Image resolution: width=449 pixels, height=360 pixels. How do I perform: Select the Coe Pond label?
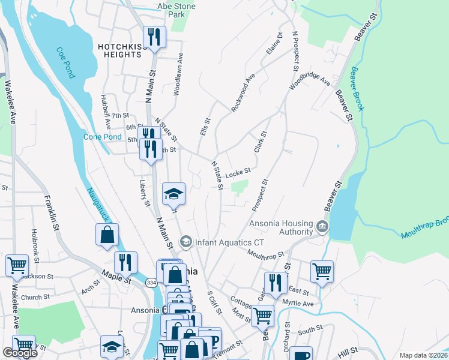pyautogui.click(x=66, y=63)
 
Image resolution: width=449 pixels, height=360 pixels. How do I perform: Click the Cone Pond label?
pyautogui.click(x=102, y=137)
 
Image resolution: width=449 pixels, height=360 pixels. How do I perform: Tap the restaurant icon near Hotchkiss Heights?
pyautogui.click(x=154, y=37)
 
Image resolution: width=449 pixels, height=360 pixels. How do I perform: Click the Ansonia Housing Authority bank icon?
pyautogui.click(x=322, y=226)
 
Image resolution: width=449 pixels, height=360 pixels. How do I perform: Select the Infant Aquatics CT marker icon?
pyautogui.click(x=185, y=241)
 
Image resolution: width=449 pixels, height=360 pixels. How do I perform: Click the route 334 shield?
pyautogui.click(x=151, y=282)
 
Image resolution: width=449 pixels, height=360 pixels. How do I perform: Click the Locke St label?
pyautogui.click(x=238, y=173)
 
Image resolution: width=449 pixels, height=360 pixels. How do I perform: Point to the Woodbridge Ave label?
pyautogui.click(x=310, y=83)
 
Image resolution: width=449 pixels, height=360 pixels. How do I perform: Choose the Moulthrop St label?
pyautogui.click(x=265, y=255)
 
